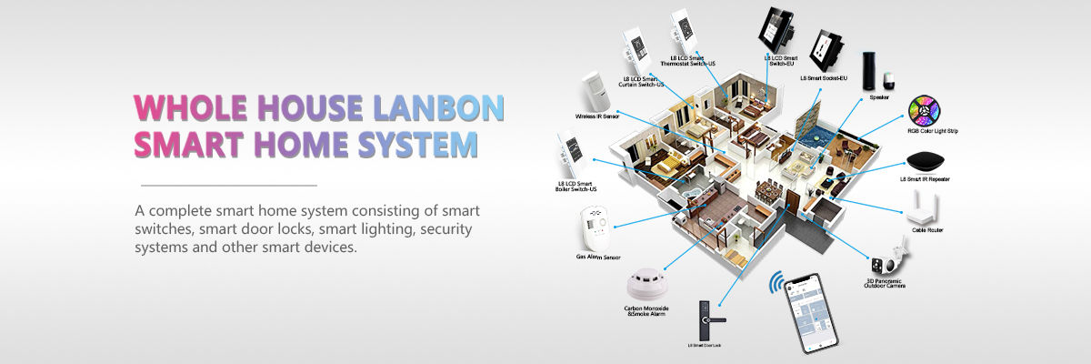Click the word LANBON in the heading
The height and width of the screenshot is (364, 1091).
point(438,108)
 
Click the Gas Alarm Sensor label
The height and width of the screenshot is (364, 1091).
point(598,258)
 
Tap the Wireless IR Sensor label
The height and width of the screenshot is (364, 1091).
point(597,116)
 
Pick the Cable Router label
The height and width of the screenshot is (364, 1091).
point(927,230)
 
